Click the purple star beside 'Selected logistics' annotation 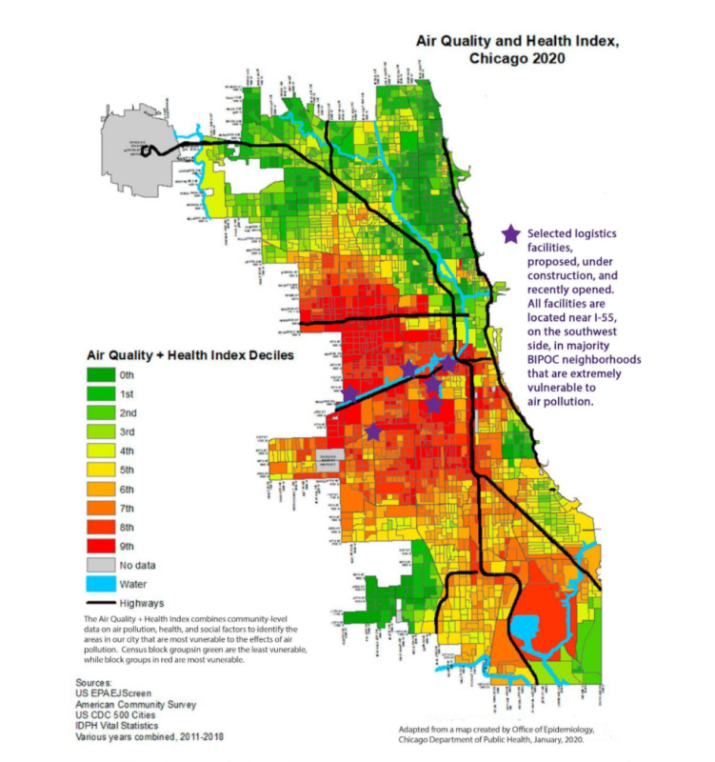511,233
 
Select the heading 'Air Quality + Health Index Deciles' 190,354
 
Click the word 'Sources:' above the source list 97,683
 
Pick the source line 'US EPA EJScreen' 119,694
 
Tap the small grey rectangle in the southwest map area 330,459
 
